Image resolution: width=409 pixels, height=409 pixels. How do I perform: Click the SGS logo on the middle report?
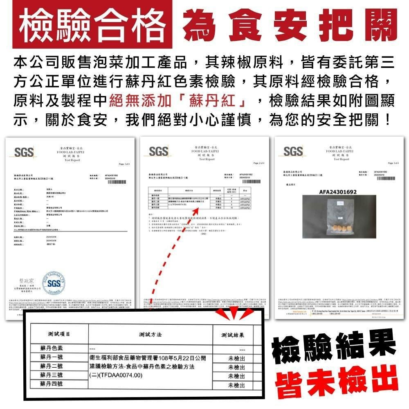[x=159, y=152]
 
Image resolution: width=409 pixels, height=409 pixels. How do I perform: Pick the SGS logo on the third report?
[x=293, y=152]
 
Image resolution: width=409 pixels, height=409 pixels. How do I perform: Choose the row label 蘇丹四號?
[x=52, y=384]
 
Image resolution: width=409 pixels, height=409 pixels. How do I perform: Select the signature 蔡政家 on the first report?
[x=25, y=281]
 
